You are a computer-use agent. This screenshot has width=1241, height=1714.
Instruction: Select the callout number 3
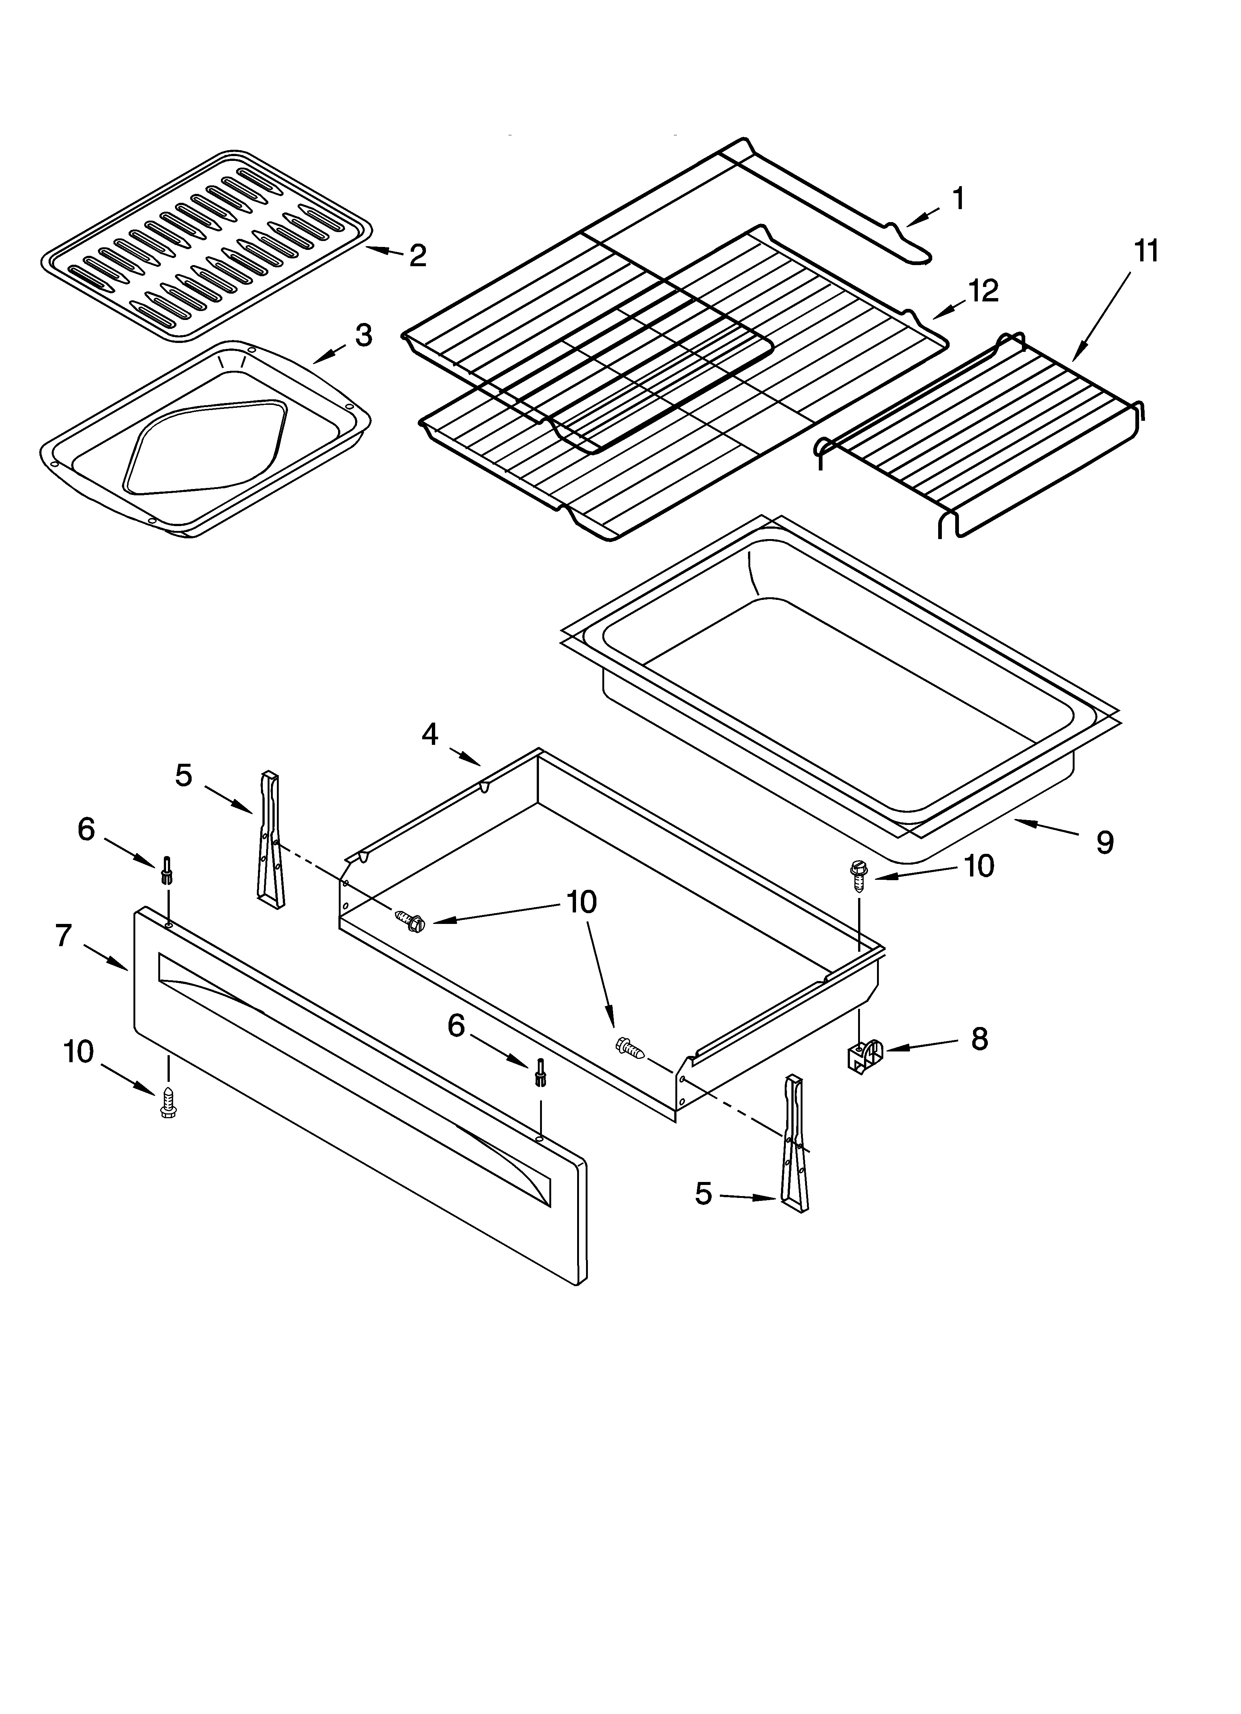pos(364,336)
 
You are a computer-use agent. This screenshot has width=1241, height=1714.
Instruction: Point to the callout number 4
pos(429,734)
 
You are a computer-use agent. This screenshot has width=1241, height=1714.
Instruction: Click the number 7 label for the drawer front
pos(63,937)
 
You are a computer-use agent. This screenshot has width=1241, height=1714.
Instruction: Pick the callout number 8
pos(979,1039)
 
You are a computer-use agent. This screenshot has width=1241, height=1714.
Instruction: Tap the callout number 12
pos(983,290)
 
